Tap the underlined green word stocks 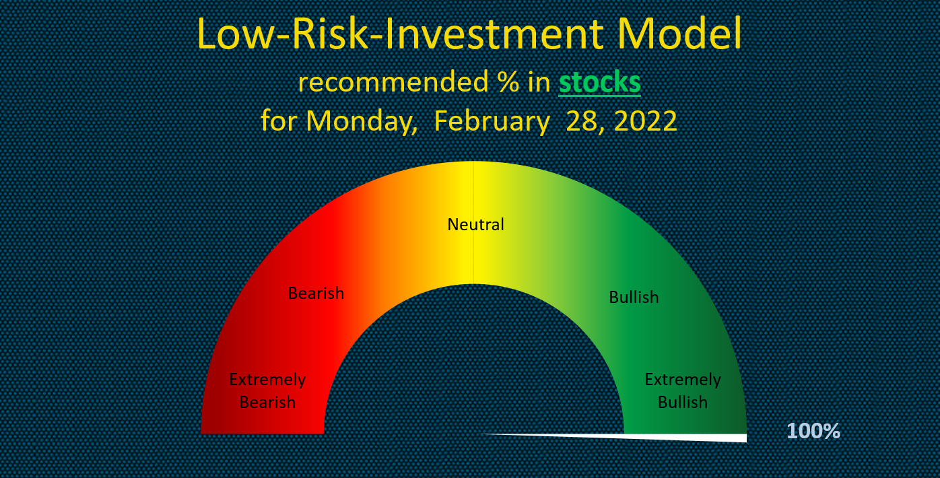(599, 83)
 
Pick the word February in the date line (492, 121)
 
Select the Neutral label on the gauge (475, 224)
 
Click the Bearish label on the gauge (316, 294)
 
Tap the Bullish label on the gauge (634, 297)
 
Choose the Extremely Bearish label (267, 391)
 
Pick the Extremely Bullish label (683, 391)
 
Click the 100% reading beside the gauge (813, 431)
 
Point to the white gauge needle (640, 437)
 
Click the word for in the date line (279, 121)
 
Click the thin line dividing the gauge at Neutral (474, 256)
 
